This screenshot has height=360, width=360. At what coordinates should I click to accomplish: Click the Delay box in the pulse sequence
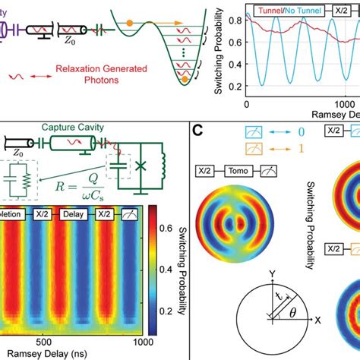tap(90, 214)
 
